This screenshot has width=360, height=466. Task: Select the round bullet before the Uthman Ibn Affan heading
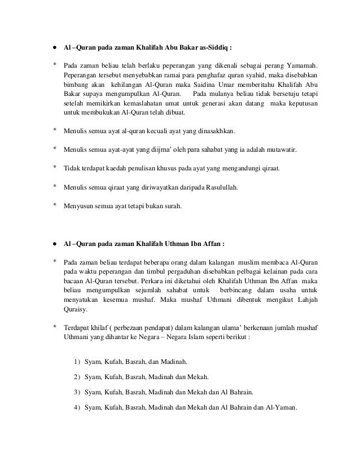55,245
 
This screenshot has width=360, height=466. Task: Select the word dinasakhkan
214,131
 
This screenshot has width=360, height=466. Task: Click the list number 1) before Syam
77,361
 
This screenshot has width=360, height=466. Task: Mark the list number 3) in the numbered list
77,392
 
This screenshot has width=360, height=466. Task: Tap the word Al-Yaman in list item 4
280,407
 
